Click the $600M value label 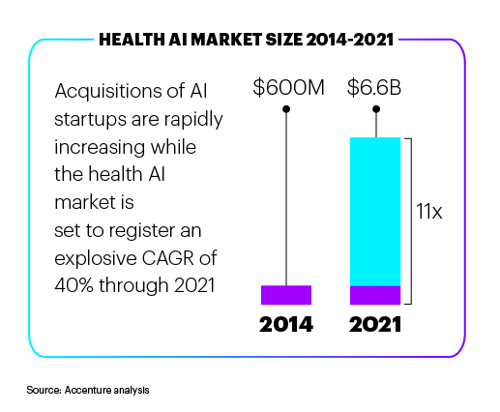[x=286, y=87]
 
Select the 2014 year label [x=286, y=324]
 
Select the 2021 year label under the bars [x=375, y=324]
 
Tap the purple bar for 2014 [x=286, y=295]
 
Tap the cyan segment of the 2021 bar [x=375, y=211]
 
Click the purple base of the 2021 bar [x=375, y=295]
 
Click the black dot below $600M [x=286, y=109]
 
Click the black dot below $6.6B [x=375, y=109]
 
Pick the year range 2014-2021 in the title [x=342, y=41]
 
